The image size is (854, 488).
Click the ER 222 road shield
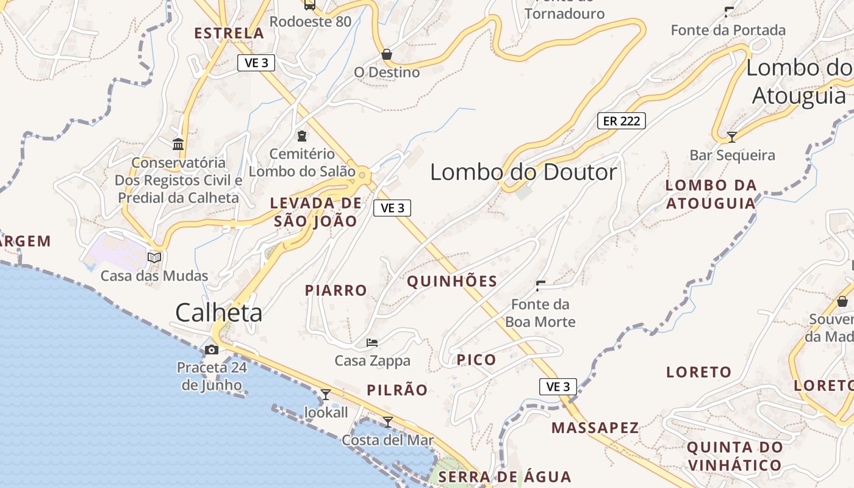tap(621, 121)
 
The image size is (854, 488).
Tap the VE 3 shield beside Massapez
tap(558, 386)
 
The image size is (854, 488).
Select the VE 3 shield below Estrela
tap(256, 62)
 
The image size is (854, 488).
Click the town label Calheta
tap(219, 313)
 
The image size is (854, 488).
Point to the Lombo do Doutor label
tap(523, 172)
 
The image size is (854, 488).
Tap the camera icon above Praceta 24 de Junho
tap(212, 350)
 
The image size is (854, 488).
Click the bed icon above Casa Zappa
tap(372, 343)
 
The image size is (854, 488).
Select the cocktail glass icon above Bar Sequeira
tap(732, 137)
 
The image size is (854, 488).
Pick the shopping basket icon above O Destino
tap(386, 54)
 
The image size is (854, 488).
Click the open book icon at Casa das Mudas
tap(154, 258)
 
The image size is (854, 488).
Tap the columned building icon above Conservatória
tap(178, 145)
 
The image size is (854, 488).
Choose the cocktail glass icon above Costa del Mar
tap(387, 422)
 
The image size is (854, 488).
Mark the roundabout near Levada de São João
tap(363, 176)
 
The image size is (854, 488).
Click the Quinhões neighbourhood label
tap(452, 281)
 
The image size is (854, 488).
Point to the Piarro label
tap(336, 290)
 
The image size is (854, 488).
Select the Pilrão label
tap(397, 390)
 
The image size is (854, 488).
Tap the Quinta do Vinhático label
tap(734, 456)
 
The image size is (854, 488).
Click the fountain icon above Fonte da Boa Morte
tap(540, 285)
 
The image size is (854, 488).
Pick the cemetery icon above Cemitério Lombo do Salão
tap(301, 135)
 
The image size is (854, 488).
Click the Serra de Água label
tap(504, 476)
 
